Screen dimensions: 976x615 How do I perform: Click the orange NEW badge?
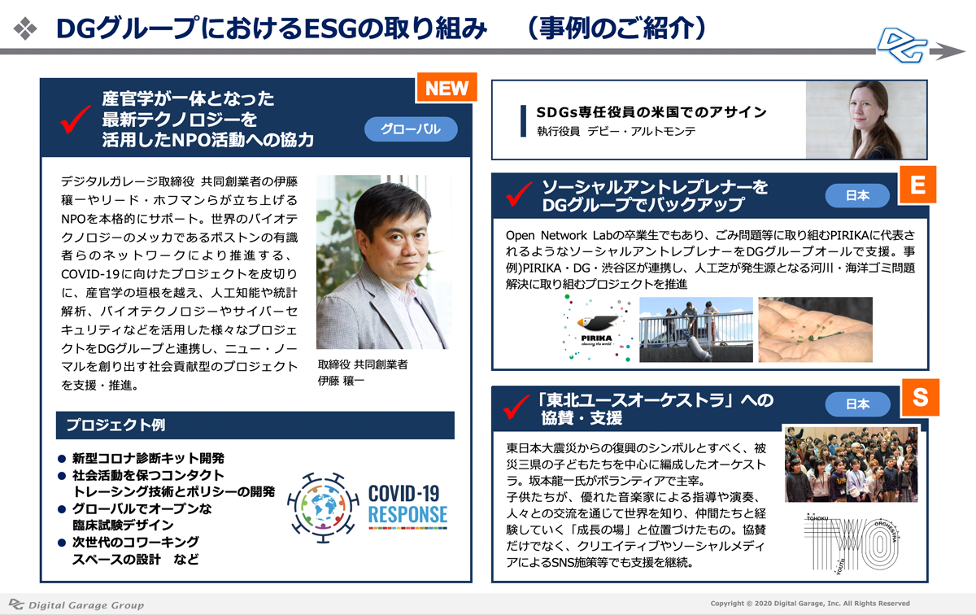447,88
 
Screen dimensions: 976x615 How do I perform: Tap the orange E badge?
917,185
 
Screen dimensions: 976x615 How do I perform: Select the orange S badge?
920,397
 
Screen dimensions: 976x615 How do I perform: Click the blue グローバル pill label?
411,129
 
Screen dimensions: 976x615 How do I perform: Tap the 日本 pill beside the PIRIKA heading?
857,196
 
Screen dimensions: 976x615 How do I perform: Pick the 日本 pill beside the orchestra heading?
857,404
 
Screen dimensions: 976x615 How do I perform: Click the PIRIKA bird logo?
596,329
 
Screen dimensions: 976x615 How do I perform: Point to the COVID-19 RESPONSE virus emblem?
323,508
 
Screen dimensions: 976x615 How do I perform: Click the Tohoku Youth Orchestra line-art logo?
852,543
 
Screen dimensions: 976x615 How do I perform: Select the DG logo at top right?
901,46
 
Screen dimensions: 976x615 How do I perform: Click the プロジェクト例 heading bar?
255,425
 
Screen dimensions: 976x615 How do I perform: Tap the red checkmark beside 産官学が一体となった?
76,120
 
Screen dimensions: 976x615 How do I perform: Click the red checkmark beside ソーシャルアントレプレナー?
519,194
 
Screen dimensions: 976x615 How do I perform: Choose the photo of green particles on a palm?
815,329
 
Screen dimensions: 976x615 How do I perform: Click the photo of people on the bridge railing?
696,329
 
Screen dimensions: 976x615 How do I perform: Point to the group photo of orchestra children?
852,465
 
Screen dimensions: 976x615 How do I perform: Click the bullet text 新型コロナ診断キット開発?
148,459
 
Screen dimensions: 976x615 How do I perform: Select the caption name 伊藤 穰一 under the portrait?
341,381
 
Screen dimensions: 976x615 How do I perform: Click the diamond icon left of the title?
25,28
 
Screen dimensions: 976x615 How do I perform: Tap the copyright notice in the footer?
810,604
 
